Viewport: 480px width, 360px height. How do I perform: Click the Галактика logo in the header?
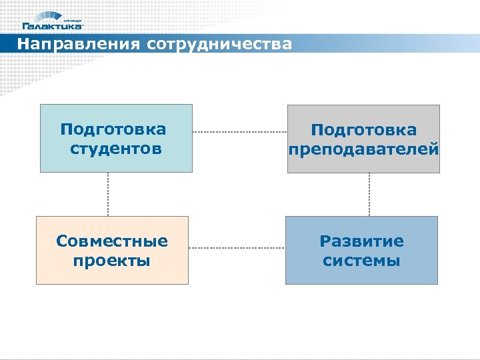tap(53, 21)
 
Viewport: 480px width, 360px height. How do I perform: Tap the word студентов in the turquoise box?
tap(116, 148)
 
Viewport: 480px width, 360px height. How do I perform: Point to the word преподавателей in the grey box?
tap(363, 149)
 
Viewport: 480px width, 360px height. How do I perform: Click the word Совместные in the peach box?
tap(112, 240)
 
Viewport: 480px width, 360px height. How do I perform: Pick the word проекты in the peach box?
tap(112, 260)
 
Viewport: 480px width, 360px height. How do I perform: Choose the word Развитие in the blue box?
tap(361, 240)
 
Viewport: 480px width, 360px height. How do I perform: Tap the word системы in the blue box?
tap(361, 260)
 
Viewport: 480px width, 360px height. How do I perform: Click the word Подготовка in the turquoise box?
tap(113, 129)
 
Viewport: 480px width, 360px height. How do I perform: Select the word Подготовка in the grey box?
tap(363, 130)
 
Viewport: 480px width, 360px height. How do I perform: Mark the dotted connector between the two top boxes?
tap(239, 133)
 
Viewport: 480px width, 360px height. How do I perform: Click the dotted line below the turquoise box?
tap(108, 194)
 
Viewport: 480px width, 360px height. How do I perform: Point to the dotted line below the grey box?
tap(369, 194)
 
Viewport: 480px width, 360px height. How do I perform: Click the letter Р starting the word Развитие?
tap(325, 241)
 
